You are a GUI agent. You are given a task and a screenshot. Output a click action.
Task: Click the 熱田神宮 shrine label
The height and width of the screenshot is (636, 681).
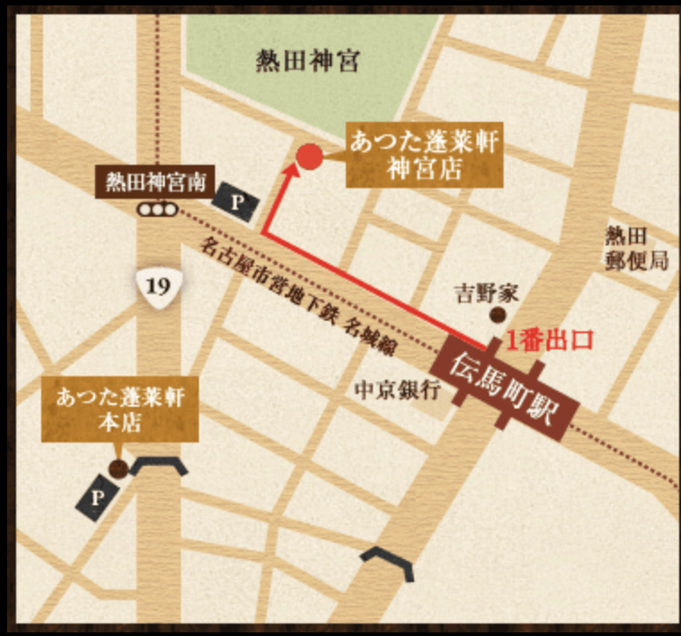point(307,61)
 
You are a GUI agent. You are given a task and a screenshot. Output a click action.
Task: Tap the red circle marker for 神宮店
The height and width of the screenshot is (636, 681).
point(309,157)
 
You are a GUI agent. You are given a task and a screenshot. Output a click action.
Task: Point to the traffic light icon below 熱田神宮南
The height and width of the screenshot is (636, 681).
point(157,210)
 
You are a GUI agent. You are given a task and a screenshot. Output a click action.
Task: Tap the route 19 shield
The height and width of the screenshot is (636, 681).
point(157,288)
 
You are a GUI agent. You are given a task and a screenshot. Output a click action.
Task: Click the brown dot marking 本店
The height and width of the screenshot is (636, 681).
point(116,468)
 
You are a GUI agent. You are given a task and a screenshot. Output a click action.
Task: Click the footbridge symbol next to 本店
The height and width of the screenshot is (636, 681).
point(159,467)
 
